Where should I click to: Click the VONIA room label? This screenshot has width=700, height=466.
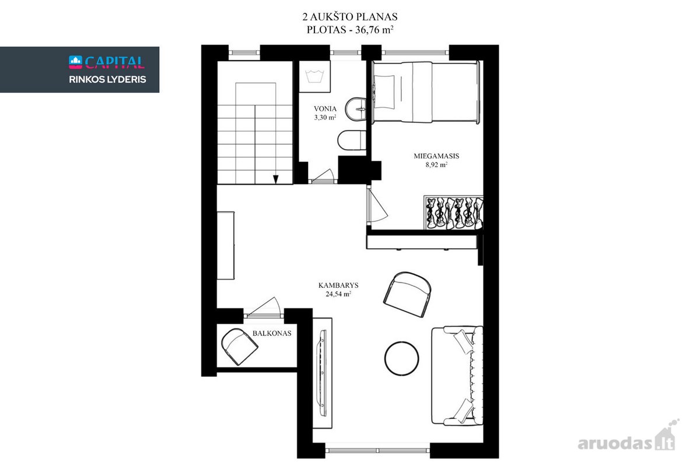(325, 109)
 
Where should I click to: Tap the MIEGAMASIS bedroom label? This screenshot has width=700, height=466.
(436, 156)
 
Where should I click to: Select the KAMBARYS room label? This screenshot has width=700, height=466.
(338, 285)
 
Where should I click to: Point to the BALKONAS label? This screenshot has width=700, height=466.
(272, 333)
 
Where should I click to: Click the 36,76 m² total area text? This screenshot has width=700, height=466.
(374, 30)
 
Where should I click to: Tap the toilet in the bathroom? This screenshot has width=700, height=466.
(352, 140)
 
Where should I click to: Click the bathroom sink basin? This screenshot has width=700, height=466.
(356, 109)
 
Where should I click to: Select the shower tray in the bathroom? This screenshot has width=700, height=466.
(314, 76)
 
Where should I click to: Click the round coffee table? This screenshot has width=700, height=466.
(401, 358)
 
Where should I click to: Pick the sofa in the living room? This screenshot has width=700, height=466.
(457, 376)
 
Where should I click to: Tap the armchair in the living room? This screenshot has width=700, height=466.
(407, 294)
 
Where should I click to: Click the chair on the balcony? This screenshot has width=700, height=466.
(239, 347)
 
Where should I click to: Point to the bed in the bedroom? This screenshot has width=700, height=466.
(426, 93)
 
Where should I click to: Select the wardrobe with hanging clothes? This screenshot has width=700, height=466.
(453, 213)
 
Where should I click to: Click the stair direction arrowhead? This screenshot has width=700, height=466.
(275, 179)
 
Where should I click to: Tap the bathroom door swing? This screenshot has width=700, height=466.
(323, 176)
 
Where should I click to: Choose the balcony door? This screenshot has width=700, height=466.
(263, 308)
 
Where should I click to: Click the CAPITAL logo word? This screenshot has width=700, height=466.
(115, 62)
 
